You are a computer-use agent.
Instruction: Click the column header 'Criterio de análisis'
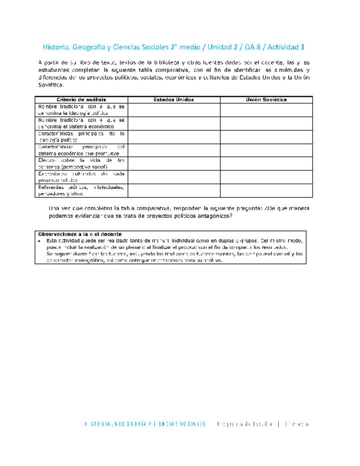pyautogui.click(x=81, y=99)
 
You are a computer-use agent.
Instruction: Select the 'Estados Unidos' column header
pyautogui.click(x=173, y=99)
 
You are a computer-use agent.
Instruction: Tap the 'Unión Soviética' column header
pyautogui.click(x=266, y=99)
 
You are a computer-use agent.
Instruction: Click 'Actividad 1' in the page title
pyautogui.click(x=286, y=47)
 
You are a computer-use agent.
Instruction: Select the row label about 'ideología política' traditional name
pyautogui.click(x=81, y=110)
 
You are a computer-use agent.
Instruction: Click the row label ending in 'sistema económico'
pyautogui.click(x=81, y=123)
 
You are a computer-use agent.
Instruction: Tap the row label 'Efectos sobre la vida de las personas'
pyautogui.click(x=81, y=163)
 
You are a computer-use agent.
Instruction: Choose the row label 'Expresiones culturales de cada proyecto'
pyautogui.click(x=81, y=177)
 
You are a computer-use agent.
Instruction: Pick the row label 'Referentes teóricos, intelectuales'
pyautogui.click(x=81, y=190)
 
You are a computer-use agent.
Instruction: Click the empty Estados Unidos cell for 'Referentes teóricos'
pyautogui.click(x=173, y=190)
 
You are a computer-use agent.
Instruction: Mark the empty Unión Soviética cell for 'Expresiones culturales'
pyautogui.click(x=266, y=177)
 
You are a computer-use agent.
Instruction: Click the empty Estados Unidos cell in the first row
pyautogui.click(x=173, y=110)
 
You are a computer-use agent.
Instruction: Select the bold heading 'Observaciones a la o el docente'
pyautogui.click(x=80, y=234)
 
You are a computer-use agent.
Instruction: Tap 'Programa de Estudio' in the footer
pyautogui.click(x=245, y=424)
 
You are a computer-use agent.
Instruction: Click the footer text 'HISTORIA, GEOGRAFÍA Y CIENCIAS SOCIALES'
pyautogui.click(x=145, y=424)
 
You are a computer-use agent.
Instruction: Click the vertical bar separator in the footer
pyautogui.click(x=278, y=424)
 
